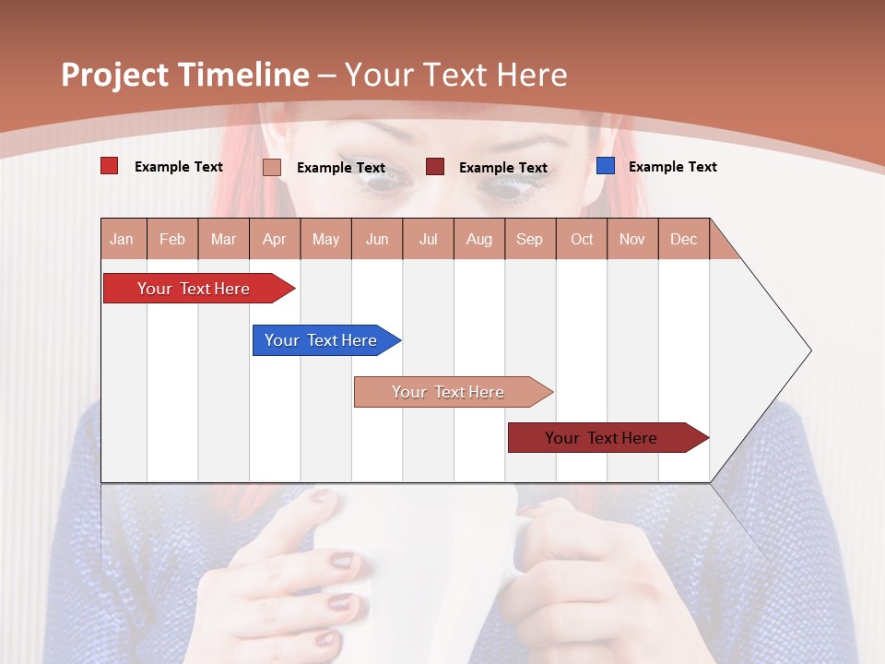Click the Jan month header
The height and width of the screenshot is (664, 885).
point(123,239)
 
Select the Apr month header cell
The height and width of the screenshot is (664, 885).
point(275,239)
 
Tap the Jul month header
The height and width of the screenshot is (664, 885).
point(428,239)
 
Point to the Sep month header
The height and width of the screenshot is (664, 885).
point(530,239)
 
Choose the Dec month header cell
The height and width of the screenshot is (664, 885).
point(683,239)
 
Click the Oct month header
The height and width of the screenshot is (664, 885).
point(582,239)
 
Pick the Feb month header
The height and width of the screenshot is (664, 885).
point(172,239)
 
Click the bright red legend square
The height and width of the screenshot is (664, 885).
point(109,166)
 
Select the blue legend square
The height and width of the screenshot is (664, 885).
point(606,166)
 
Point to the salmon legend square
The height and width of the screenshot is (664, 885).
point(272,167)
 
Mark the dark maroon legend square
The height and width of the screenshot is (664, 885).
point(435,167)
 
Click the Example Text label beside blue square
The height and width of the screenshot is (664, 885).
point(672,167)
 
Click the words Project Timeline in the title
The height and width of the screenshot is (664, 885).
point(184,75)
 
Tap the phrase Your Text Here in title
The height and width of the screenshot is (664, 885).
point(455,75)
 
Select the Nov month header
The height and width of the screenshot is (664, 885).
point(632,239)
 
